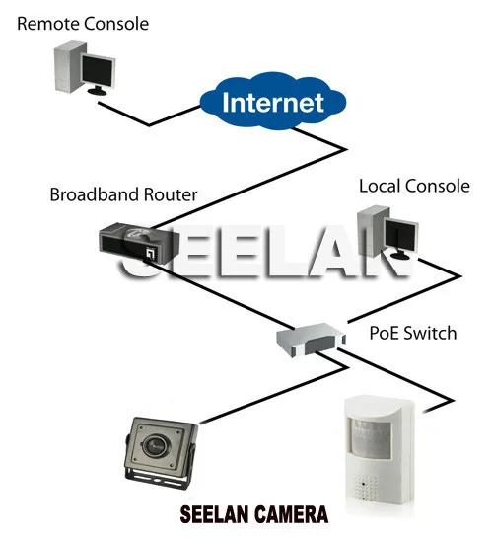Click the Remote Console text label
pos(83,24)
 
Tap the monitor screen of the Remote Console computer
pos(98,72)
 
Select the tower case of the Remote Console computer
pos(69,66)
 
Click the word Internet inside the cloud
pos(273,103)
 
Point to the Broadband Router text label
pos(123,194)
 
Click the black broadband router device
pos(139,243)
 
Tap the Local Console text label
pos(414,186)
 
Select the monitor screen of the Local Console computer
pos(400,236)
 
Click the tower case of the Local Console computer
pos(372,231)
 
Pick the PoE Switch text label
pos(413,333)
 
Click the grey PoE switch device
pos(311,340)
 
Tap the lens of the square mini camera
pos(154,444)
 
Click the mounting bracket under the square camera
pos(157,478)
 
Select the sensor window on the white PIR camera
pos(370,438)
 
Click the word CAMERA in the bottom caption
pos(292,515)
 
